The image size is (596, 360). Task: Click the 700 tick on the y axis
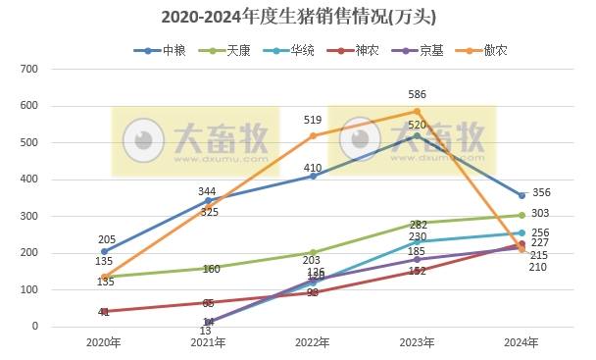pos(28,69)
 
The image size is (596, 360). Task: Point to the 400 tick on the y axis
pos(28,180)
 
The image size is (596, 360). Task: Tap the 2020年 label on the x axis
pos(104,342)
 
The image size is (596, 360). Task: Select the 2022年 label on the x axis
pos(313,342)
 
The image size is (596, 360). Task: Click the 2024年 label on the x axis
pos(521,342)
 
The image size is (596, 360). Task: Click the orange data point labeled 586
pos(418,111)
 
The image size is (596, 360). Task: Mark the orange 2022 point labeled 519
pos(314,135)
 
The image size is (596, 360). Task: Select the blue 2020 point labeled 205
pos(105,251)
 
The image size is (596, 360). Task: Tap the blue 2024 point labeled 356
pos(521,195)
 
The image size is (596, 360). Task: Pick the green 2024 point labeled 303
pos(521,215)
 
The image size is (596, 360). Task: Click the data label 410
pos(313,168)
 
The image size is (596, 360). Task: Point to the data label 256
pos(540,232)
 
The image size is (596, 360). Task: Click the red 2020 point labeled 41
pos(105,311)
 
